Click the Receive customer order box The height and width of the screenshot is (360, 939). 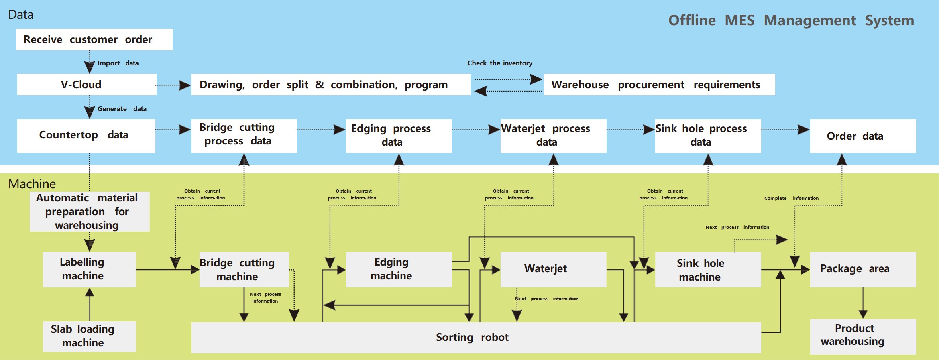94,39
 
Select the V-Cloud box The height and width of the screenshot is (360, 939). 87,84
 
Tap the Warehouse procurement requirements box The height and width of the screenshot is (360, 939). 659,84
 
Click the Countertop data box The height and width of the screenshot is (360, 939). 86,136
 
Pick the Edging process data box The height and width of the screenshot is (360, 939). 399,136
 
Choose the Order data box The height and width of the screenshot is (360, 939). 863,136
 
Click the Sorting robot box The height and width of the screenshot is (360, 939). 476,337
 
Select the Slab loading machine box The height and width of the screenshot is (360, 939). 89,336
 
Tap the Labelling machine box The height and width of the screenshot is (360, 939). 89,269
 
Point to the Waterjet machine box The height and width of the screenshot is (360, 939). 553,269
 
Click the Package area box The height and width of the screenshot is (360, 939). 863,269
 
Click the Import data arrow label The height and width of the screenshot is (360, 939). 118,63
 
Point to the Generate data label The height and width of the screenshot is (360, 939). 122,109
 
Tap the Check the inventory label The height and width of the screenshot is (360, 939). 500,63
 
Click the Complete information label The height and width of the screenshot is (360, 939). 791,198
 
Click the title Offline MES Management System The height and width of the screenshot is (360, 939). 791,20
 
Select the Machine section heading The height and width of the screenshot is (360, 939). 32,184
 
